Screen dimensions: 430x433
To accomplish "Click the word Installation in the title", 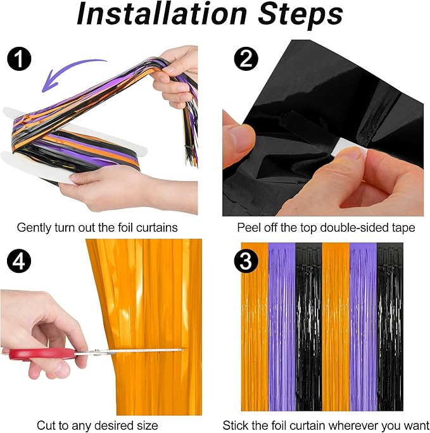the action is pyautogui.click(x=161, y=14).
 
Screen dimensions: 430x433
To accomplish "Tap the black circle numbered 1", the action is pyautogui.click(x=20, y=60).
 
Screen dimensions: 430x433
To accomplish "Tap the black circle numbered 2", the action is pyautogui.click(x=246, y=59).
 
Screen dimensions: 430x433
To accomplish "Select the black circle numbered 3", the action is pyautogui.click(x=246, y=261).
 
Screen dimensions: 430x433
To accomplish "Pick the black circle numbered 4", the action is pyautogui.click(x=20, y=261).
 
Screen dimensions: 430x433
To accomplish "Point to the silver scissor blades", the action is pyautogui.click(x=129, y=351).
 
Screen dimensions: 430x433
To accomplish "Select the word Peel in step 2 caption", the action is pyautogui.click(x=249, y=228).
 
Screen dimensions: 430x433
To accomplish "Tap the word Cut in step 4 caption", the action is pyautogui.click(x=45, y=425).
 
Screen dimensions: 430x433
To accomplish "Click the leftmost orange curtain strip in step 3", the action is pyautogui.click(x=255, y=327).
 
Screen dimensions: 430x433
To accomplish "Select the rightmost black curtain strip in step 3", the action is pyautogui.click(x=389, y=327).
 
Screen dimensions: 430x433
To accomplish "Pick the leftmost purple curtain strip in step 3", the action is pyautogui.click(x=282, y=327).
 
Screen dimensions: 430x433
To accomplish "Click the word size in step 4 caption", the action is pyautogui.click(x=148, y=425).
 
